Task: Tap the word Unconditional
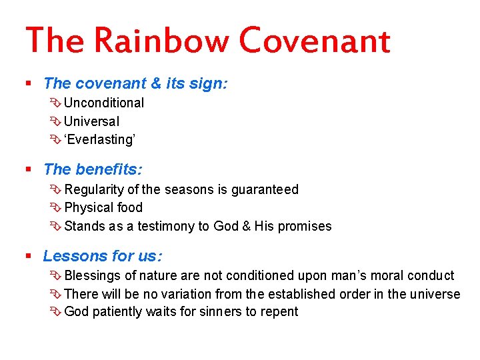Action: [104, 103]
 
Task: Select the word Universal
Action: [92, 121]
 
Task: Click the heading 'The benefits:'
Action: [93, 169]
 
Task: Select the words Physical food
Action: [103, 207]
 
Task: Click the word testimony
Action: [165, 226]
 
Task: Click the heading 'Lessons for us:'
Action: [103, 256]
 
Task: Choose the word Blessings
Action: [93, 275]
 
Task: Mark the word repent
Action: [279, 311]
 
